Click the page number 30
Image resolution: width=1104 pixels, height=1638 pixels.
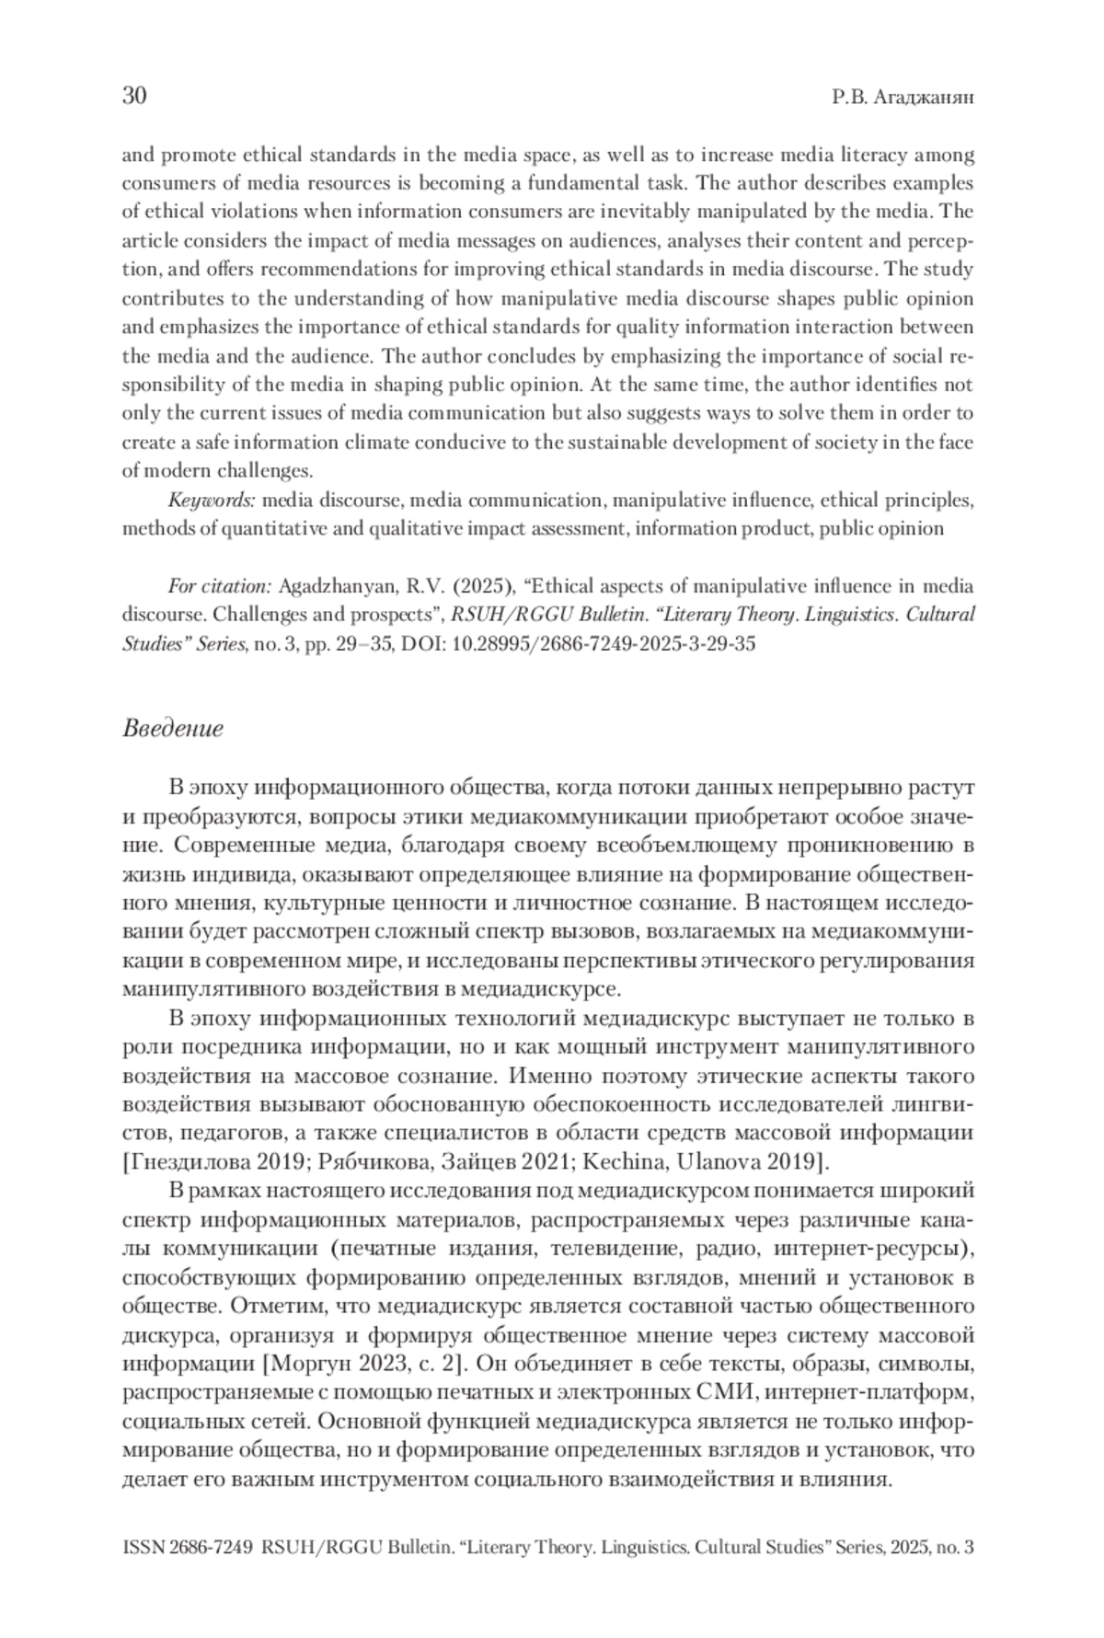(134, 97)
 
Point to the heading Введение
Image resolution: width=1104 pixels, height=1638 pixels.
(172, 730)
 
